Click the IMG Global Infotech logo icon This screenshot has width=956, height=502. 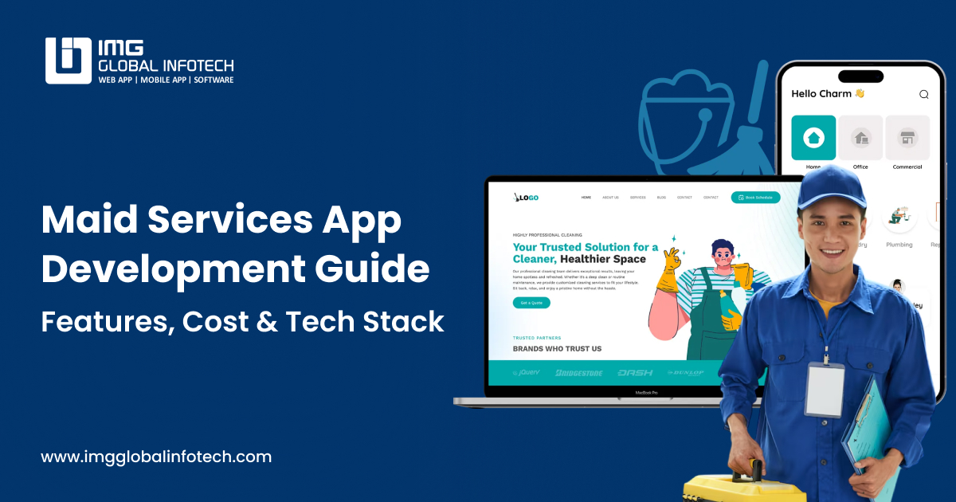click(69, 60)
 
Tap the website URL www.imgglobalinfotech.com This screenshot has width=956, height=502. click(156, 457)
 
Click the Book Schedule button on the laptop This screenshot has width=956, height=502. click(755, 197)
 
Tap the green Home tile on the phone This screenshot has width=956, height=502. click(813, 138)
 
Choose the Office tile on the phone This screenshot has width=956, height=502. click(860, 138)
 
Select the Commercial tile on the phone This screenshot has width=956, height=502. click(907, 138)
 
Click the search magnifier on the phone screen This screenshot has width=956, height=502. click(924, 94)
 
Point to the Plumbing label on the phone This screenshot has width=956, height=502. click(899, 245)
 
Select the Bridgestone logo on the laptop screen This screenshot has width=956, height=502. click(579, 372)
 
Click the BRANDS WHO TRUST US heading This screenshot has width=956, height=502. click(557, 348)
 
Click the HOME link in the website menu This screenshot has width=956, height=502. click(586, 197)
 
